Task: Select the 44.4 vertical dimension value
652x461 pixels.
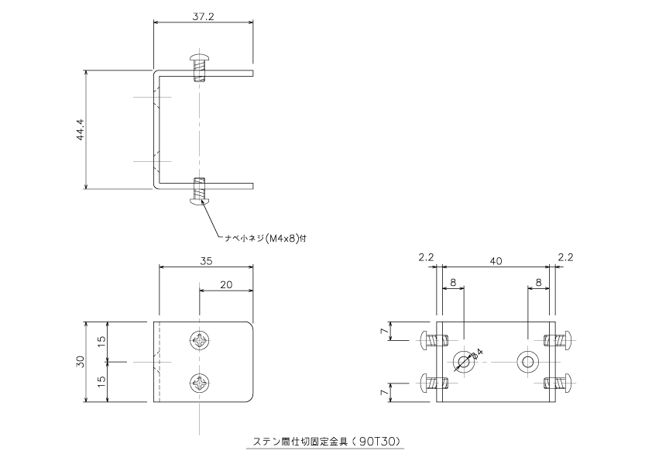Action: click(x=81, y=129)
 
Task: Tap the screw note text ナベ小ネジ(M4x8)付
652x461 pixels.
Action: click(x=266, y=239)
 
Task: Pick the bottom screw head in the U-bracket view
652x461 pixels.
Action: click(x=200, y=201)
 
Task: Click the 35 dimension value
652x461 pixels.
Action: click(x=206, y=261)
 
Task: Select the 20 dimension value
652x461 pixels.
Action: click(x=226, y=284)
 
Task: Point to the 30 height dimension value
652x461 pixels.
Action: click(x=81, y=361)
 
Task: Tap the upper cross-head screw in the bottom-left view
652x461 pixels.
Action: click(x=200, y=341)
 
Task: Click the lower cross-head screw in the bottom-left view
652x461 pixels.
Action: click(x=200, y=383)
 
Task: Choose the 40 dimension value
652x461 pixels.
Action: click(x=496, y=261)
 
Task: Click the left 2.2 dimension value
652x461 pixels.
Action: click(x=426, y=257)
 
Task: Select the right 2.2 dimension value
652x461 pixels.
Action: click(x=565, y=257)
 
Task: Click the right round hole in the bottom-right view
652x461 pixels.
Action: click(x=527, y=362)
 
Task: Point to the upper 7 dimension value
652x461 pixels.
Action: click(x=386, y=331)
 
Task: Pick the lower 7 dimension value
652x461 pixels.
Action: click(x=386, y=392)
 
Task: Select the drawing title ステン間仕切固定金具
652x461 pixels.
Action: click(x=300, y=441)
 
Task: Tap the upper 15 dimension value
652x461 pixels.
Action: click(x=102, y=342)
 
